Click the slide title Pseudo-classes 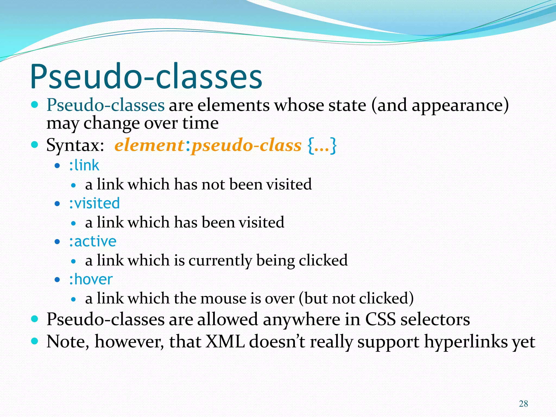[x=146, y=77]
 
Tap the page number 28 [x=523, y=404]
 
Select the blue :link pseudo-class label [x=84, y=165]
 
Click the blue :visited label [x=94, y=203]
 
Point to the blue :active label [x=93, y=241]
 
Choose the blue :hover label [x=91, y=279]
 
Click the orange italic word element [x=149, y=145]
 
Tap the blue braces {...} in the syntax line [x=322, y=146]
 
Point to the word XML [x=225, y=342]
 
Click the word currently [x=220, y=261]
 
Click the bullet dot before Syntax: [x=34, y=144]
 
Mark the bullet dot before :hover [x=57, y=280]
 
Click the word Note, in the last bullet [x=68, y=342]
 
